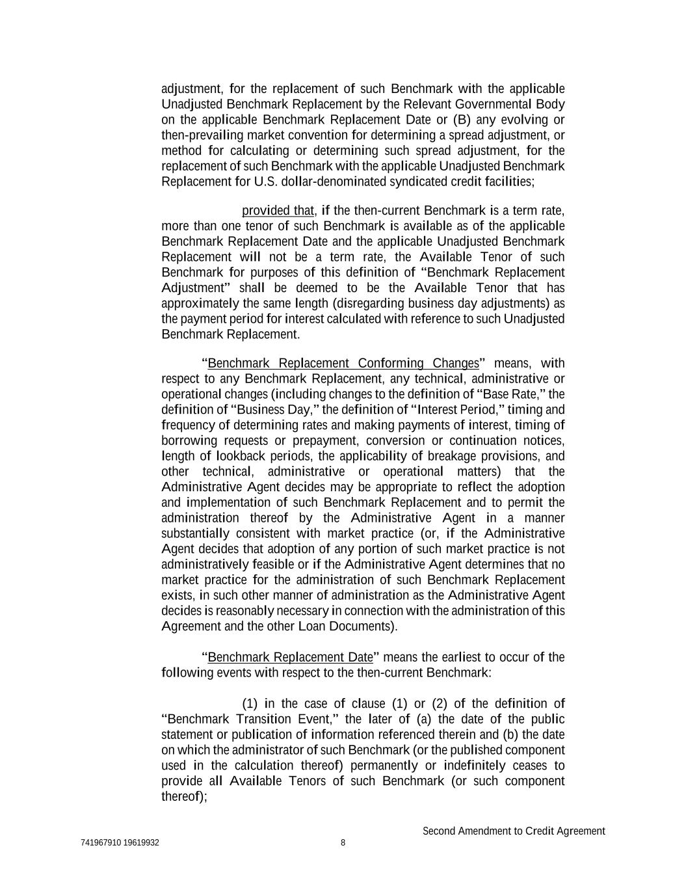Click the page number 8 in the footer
pyautogui.click(x=343, y=843)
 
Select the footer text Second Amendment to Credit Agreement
pyautogui.click(x=514, y=831)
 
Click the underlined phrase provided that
pyautogui.click(x=278, y=211)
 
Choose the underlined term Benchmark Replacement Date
pyautogui.click(x=290, y=657)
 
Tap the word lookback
pyautogui.click(x=241, y=456)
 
